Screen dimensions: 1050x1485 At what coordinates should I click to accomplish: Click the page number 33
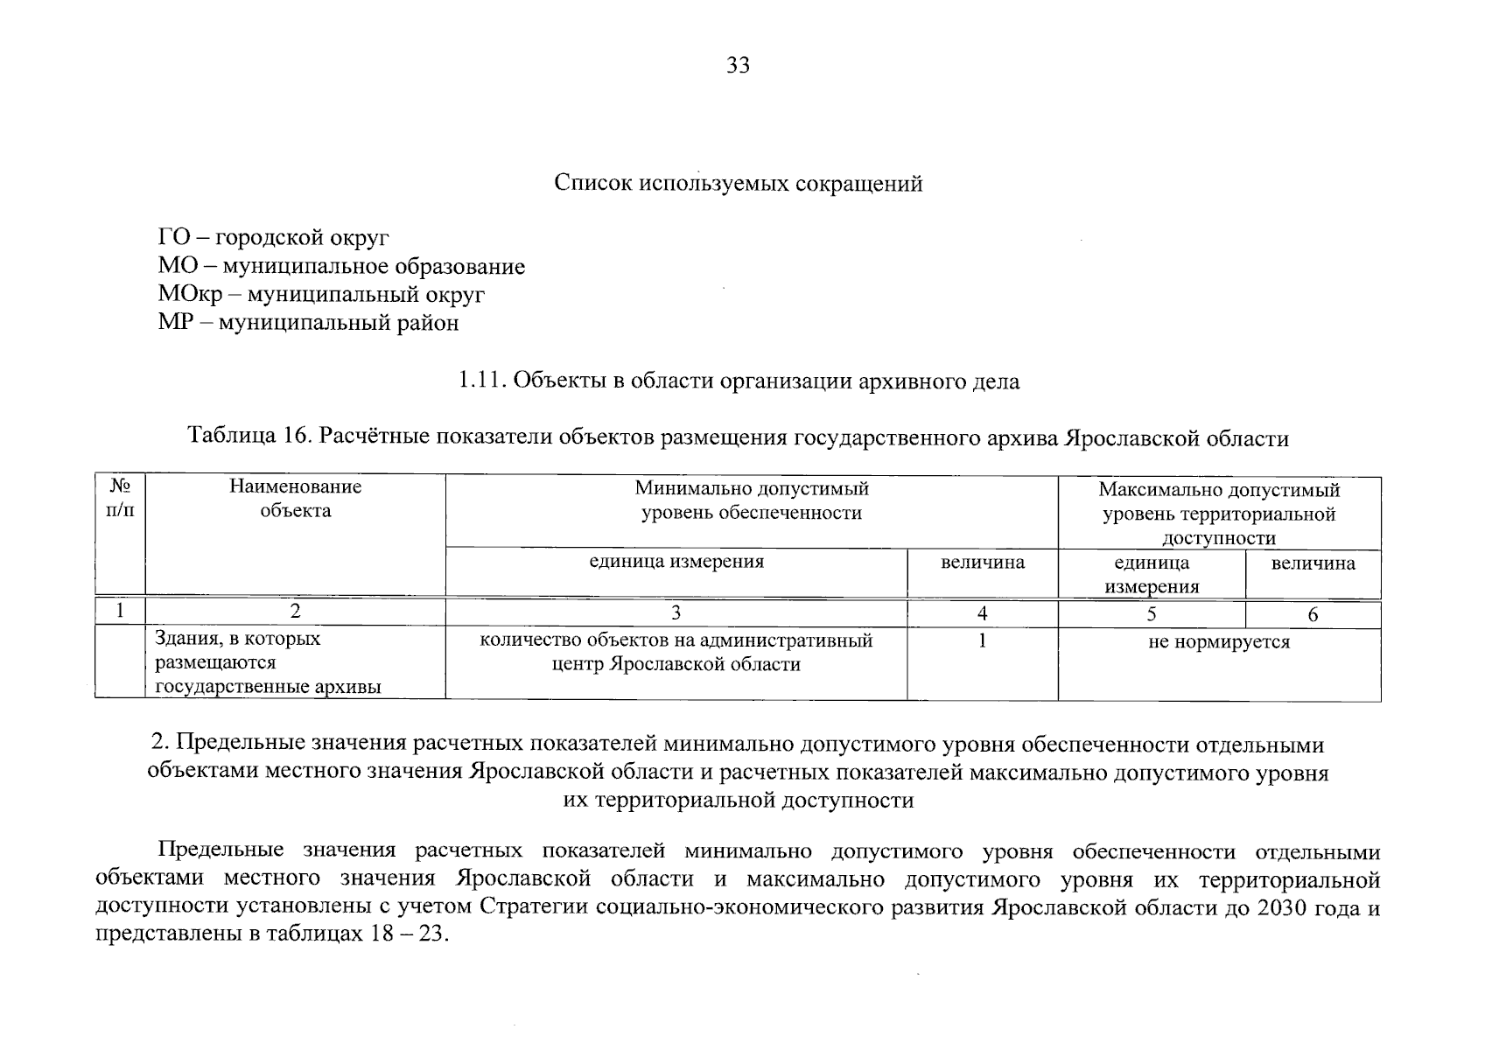738,66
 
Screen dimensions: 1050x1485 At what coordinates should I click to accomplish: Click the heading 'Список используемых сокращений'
739,185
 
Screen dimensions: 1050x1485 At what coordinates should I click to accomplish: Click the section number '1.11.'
482,381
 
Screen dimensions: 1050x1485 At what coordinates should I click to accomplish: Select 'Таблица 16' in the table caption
244,437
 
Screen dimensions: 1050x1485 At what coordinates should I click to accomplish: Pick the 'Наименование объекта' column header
296,499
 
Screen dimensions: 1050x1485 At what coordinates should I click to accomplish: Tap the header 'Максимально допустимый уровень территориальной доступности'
1219,514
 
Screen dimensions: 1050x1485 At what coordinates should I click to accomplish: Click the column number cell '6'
1313,615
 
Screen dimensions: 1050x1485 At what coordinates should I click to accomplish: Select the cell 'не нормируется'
1219,642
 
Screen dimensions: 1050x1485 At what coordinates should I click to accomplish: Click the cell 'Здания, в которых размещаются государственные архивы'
268,663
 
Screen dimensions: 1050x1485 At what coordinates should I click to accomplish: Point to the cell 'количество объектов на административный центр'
676,653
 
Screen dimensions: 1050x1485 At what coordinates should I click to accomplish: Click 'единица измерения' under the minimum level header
676,562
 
